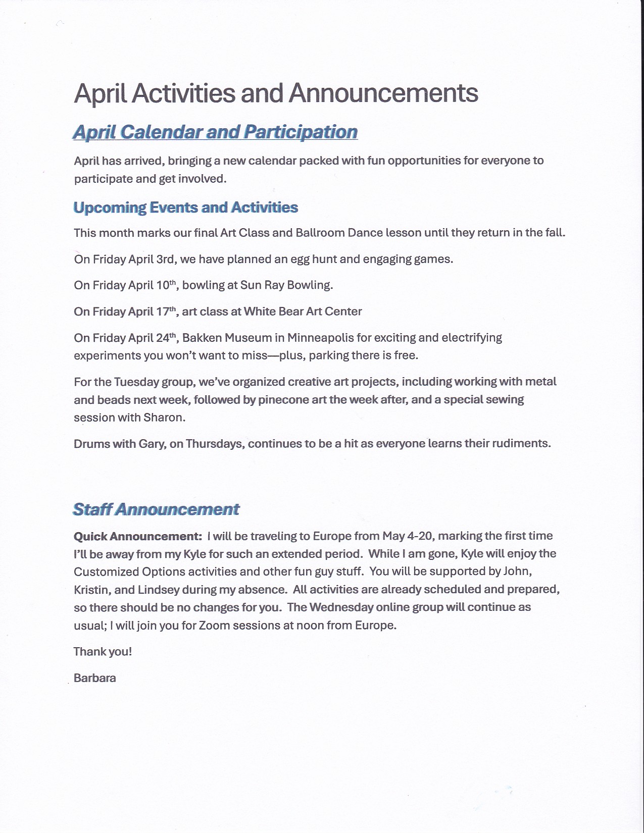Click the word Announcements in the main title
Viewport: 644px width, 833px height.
[383, 93]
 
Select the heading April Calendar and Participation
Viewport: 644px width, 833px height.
[215, 132]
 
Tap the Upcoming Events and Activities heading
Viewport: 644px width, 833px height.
[186, 207]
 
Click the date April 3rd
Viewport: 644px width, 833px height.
[151, 259]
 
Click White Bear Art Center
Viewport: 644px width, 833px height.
[303, 311]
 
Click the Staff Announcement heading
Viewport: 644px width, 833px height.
[156, 509]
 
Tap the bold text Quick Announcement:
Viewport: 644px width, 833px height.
[138, 536]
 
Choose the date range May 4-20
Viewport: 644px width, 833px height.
[407, 536]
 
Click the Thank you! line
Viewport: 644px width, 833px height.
[103, 652]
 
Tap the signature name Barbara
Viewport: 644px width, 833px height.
[95, 678]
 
